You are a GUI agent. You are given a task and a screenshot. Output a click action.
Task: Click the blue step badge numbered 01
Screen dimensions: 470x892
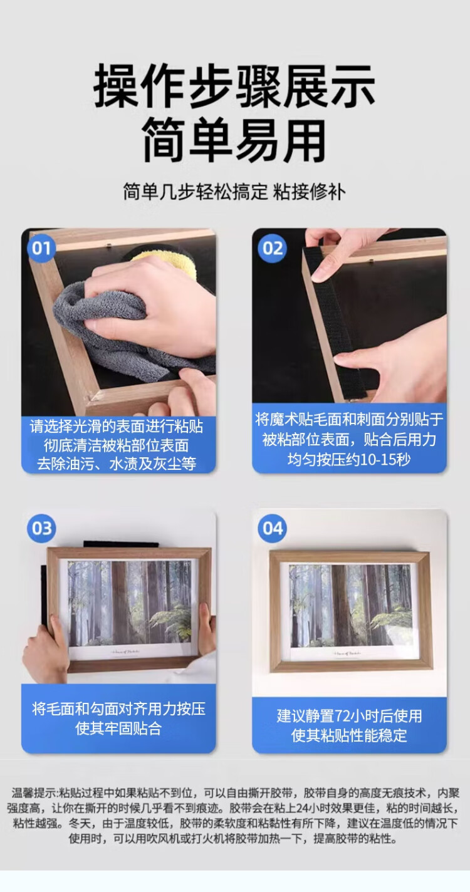41,248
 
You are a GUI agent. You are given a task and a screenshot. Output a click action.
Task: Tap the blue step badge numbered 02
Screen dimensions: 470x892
273,248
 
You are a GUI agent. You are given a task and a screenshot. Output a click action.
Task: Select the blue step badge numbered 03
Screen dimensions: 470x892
41,529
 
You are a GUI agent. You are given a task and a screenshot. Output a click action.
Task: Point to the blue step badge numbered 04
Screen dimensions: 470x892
273,529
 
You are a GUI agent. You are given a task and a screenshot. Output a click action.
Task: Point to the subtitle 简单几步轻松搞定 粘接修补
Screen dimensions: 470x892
234,192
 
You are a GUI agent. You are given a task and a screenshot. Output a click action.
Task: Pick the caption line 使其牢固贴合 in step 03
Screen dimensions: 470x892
118,729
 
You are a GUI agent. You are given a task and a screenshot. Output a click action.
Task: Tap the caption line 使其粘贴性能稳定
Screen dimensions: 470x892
349,735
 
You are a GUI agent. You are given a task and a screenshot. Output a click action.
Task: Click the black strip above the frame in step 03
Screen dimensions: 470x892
121,544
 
